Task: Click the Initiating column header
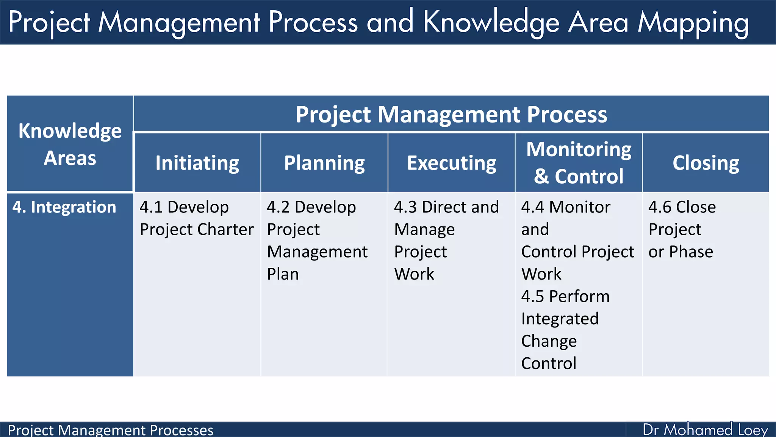pyautogui.click(x=197, y=163)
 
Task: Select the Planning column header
pyautogui.click(x=324, y=163)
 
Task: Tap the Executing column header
pyautogui.click(x=451, y=163)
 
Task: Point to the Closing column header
pyautogui.click(x=706, y=163)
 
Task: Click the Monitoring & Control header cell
pyautogui.click(x=579, y=163)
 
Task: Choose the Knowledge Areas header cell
pyautogui.click(x=70, y=144)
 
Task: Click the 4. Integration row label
pyautogui.click(x=64, y=207)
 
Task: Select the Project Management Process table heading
pyautogui.click(x=451, y=114)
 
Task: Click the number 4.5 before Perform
pyautogui.click(x=532, y=296)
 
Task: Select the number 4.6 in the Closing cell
pyautogui.click(x=660, y=207)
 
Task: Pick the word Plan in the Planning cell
pyautogui.click(x=283, y=274)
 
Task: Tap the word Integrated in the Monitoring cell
pyautogui.click(x=560, y=319)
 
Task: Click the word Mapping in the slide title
pyautogui.click(x=693, y=23)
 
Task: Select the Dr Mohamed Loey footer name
pyautogui.click(x=705, y=430)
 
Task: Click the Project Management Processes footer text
pyautogui.click(x=110, y=430)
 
